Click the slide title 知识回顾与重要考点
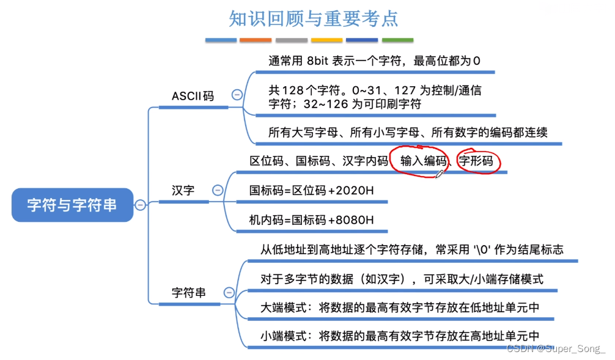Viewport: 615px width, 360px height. pyautogui.click(x=313, y=18)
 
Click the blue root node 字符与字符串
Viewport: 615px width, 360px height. pyautogui.click(x=72, y=205)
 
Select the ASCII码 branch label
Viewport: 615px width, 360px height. pyautogui.click(x=193, y=96)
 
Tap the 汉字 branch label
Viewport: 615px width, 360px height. pyautogui.click(x=183, y=190)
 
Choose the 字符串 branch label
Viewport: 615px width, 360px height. pyautogui.click(x=188, y=293)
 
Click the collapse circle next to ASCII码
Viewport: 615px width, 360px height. pyautogui.click(x=237, y=95)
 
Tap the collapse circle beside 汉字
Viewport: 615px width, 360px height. pyautogui.click(x=217, y=190)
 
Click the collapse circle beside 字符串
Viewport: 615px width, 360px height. pyautogui.click(x=229, y=293)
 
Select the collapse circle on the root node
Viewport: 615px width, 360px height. pyautogui.click(x=141, y=205)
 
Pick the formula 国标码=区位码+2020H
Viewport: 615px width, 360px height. pyautogui.click(x=311, y=190)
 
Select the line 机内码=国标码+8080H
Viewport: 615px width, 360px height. pyautogui.click(x=311, y=219)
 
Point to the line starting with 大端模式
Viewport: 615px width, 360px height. pyautogui.click(x=400, y=307)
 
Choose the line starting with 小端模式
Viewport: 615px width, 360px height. pyautogui.click(x=400, y=336)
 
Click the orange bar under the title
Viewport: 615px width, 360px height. pyautogui.click(x=256, y=40)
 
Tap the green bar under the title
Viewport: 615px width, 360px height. pyautogui.click(x=397, y=40)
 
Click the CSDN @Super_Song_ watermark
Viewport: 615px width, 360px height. pyautogui.click(x=556, y=348)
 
